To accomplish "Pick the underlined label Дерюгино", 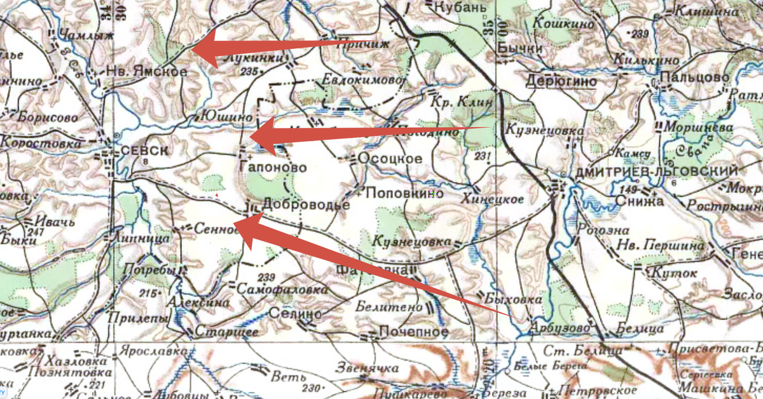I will tap(561, 81).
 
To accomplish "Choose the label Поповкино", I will tap(405, 193).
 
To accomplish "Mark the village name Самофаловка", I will tap(282, 289).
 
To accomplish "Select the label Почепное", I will tap(414, 332).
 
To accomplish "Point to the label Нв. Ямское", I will tap(147, 72).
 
